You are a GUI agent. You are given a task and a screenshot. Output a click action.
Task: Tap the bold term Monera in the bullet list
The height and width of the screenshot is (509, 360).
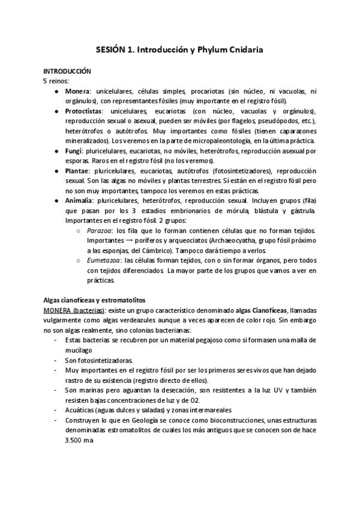click(77, 91)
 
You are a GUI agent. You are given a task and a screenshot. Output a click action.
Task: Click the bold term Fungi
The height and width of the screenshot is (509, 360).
click(74, 151)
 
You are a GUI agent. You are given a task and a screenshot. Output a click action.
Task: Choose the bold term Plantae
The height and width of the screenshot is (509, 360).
click(78, 171)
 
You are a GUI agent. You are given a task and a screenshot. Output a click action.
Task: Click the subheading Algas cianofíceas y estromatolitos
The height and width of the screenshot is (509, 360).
click(95, 300)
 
